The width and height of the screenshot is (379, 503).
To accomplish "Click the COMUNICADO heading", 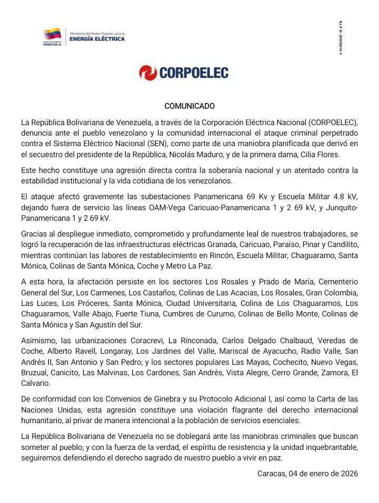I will point(189,106).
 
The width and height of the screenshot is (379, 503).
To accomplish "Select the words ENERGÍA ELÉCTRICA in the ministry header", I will point(97,38).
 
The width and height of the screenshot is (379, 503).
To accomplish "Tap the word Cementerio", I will point(336,282).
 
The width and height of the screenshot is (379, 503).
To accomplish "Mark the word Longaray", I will point(115,351).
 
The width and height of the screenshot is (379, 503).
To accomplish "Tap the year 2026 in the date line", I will point(348,474).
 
